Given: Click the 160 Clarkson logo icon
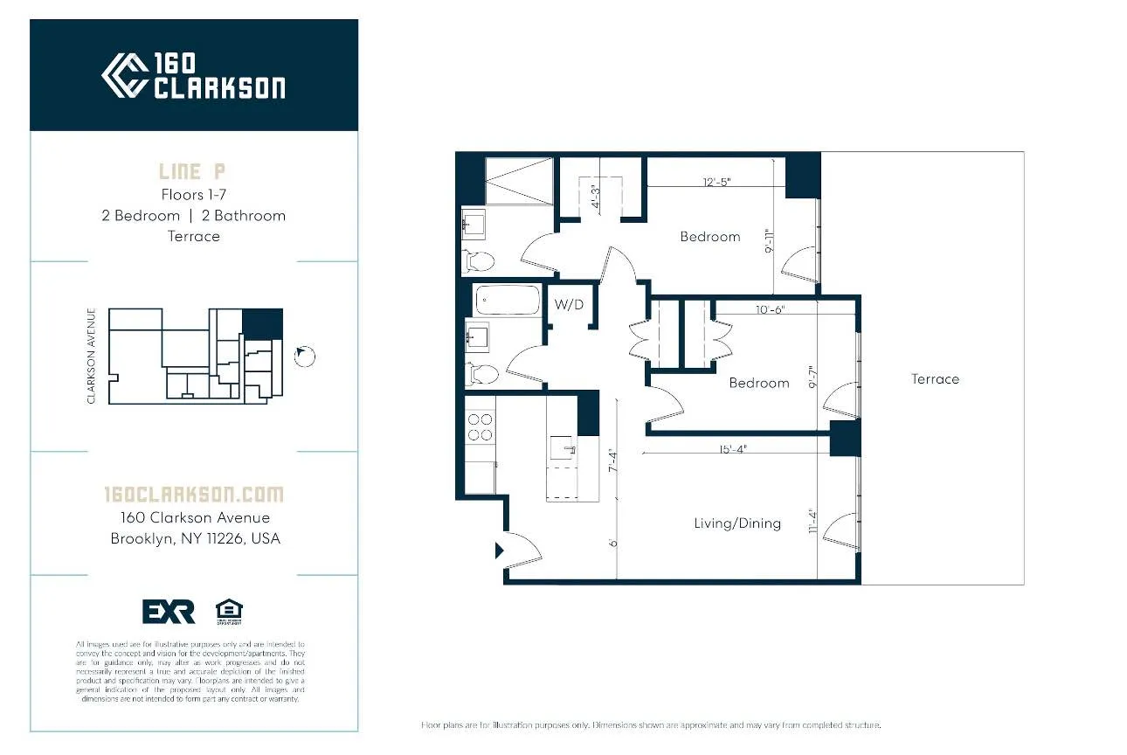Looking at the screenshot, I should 124,75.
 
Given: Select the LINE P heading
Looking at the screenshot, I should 193,171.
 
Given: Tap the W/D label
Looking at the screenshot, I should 568,305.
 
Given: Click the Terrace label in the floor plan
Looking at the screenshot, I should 935,379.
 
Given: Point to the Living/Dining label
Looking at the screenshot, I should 737,523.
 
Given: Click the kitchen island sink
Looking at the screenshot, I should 563,450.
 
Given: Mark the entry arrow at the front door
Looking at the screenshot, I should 500,551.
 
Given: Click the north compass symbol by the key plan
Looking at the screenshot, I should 304,356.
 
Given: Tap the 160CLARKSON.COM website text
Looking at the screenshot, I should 193,495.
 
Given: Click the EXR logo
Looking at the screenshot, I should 169,612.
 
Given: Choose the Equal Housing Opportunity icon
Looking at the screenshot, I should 229,611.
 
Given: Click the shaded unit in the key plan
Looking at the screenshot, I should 262,323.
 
